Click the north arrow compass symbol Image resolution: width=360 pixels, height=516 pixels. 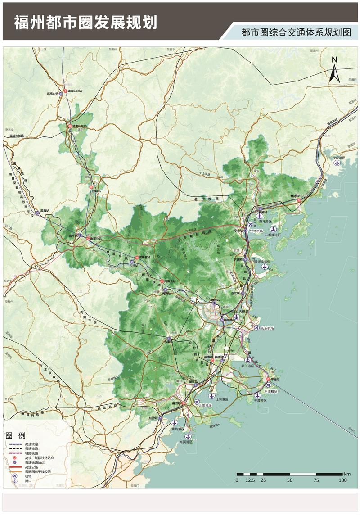(x=334, y=70)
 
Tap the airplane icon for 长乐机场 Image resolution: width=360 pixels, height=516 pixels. (x=257, y=328)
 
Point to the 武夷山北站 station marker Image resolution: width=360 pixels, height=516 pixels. (x=65, y=91)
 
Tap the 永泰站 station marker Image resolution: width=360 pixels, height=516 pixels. (x=169, y=339)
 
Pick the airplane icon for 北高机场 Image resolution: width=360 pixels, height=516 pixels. (x=197, y=401)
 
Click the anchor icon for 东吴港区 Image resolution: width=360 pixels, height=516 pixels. (x=188, y=436)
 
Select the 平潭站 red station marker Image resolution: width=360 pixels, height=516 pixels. (x=268, y=380)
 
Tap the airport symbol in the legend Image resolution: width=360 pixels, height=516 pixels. (x=15, y=476)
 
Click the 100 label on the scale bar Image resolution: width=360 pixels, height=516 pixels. (x=342, y=480)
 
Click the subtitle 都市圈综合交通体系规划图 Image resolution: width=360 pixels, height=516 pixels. (x=296, y=33)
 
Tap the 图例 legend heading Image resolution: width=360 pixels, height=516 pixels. (x=16, y=436)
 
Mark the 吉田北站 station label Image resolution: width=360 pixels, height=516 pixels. (x=144, y=257)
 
